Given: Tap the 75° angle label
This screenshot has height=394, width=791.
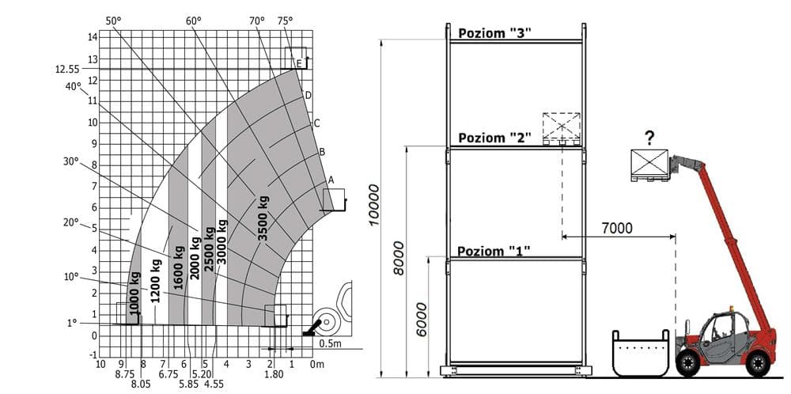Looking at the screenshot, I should (285, 20).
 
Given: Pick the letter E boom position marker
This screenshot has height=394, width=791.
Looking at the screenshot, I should (299, 63).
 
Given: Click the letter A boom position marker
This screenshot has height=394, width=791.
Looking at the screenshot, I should (331, 180).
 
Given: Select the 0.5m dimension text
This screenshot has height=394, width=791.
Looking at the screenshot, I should (331, 343).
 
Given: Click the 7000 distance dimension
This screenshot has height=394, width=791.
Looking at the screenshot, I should (617, 228).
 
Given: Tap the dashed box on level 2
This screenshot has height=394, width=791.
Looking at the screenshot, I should (561, 127).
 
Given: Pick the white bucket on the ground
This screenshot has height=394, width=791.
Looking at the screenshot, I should (642, 353).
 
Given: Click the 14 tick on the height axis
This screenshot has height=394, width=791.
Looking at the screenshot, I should (93, 36).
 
